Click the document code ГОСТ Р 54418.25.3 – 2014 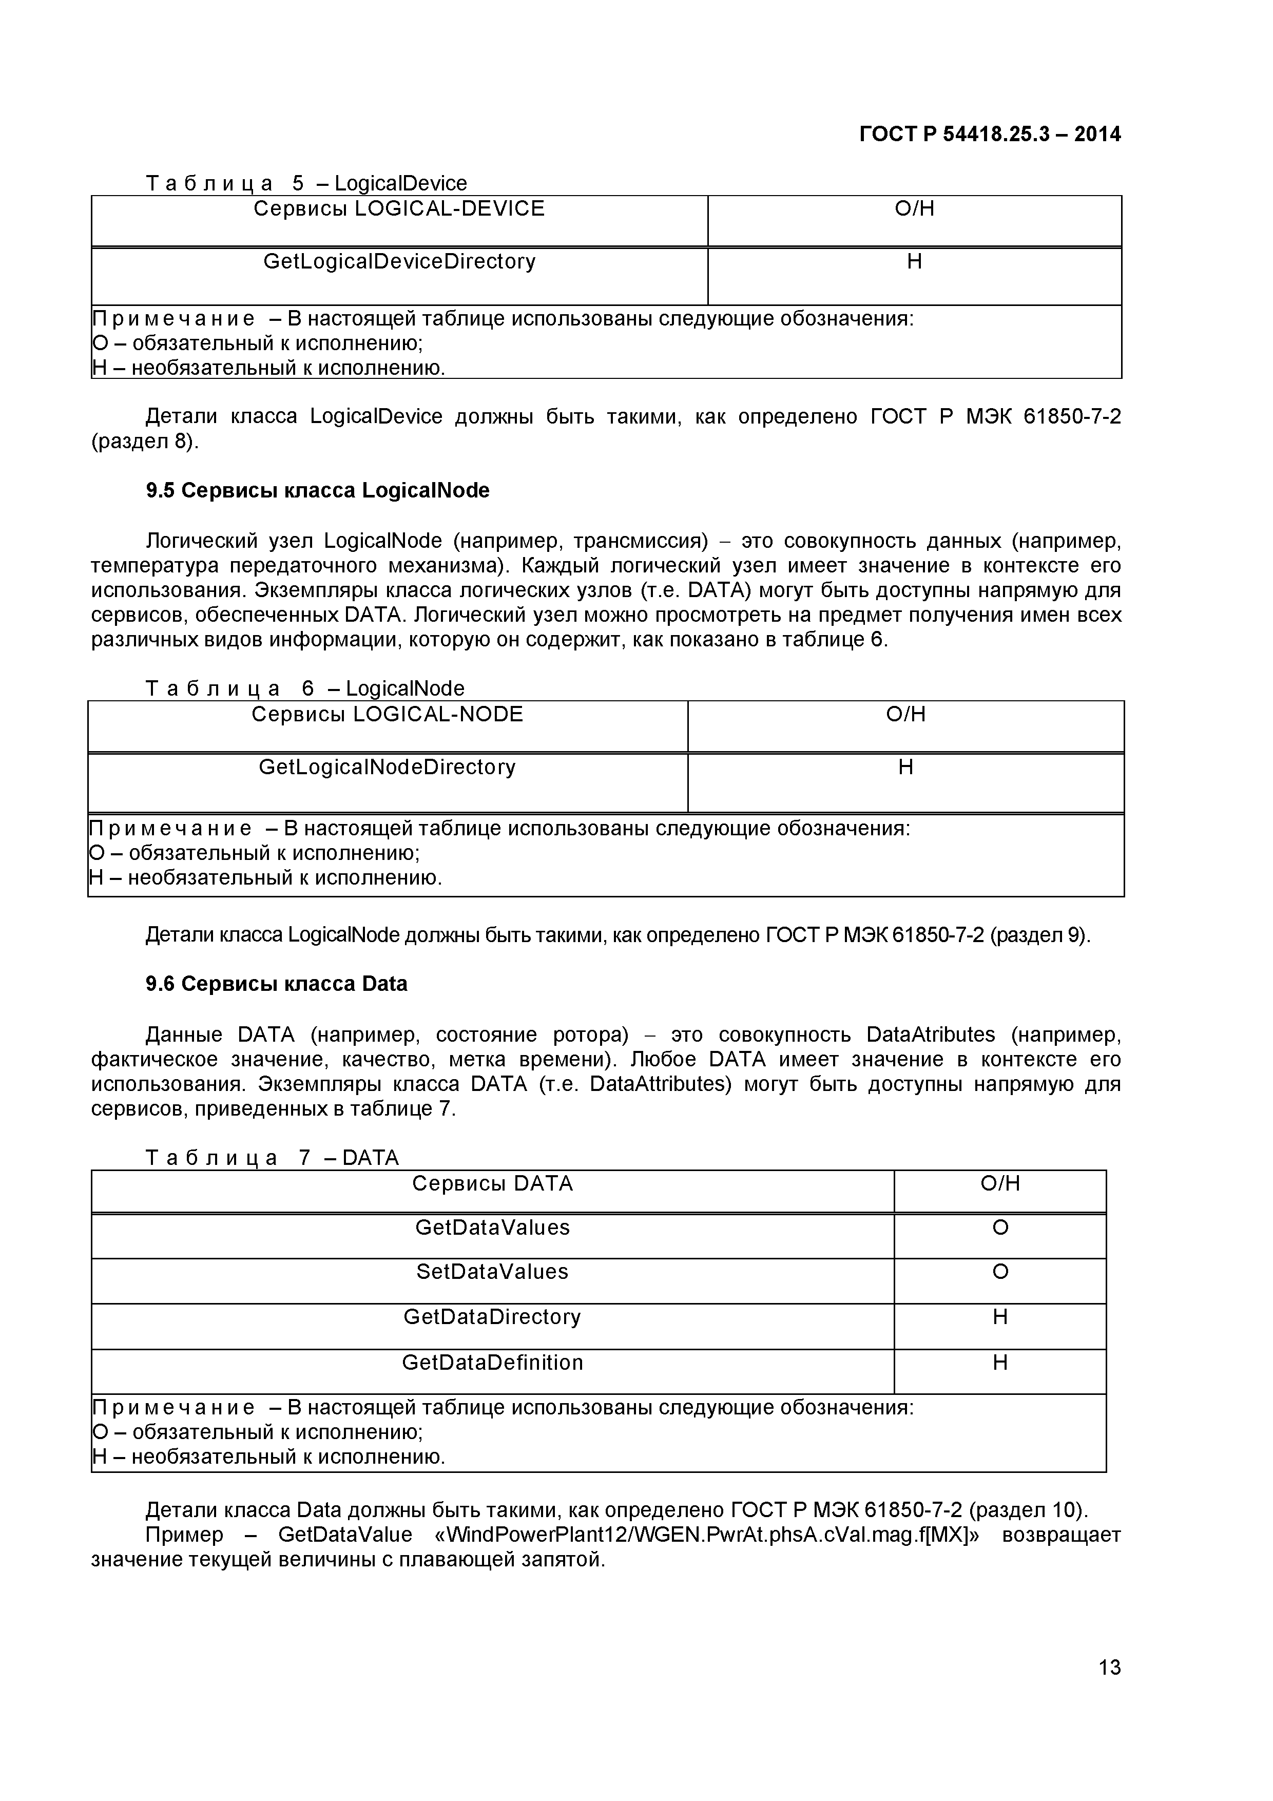[990, 134]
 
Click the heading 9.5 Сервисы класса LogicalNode [318, 490]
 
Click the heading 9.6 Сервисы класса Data [276, 984]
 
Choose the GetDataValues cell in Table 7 [493, 1228]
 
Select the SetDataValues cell [493, 1272]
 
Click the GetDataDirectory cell [493, 1317]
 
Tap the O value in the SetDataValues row [1000, 1272]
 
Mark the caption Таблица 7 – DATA [272, 1158]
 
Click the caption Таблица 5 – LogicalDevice [306, 184]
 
